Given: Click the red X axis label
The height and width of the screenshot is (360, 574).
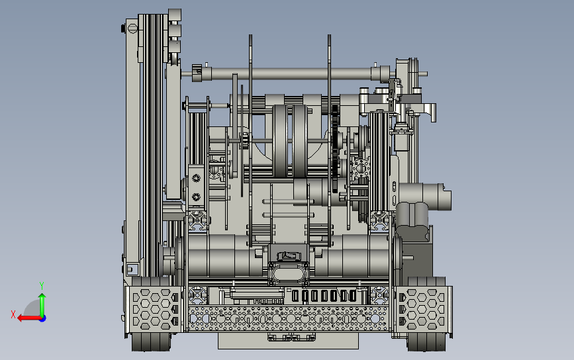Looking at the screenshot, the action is (x=13, y=314).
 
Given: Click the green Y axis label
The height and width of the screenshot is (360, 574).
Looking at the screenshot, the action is (x=42, y=285).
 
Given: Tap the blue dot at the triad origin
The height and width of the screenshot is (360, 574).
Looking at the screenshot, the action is (x=43, y=319).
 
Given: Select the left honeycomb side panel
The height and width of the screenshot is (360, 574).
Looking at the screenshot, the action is (x=154, y=310).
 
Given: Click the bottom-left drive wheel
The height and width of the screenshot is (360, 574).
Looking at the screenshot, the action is (x=151, y=341).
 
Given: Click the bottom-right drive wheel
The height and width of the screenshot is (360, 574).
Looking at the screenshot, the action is (x=426, y=341).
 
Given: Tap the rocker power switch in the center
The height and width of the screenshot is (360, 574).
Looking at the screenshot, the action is (x=289, y=255).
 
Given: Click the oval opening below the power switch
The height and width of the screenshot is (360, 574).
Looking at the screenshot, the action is (x=289, y=273).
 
